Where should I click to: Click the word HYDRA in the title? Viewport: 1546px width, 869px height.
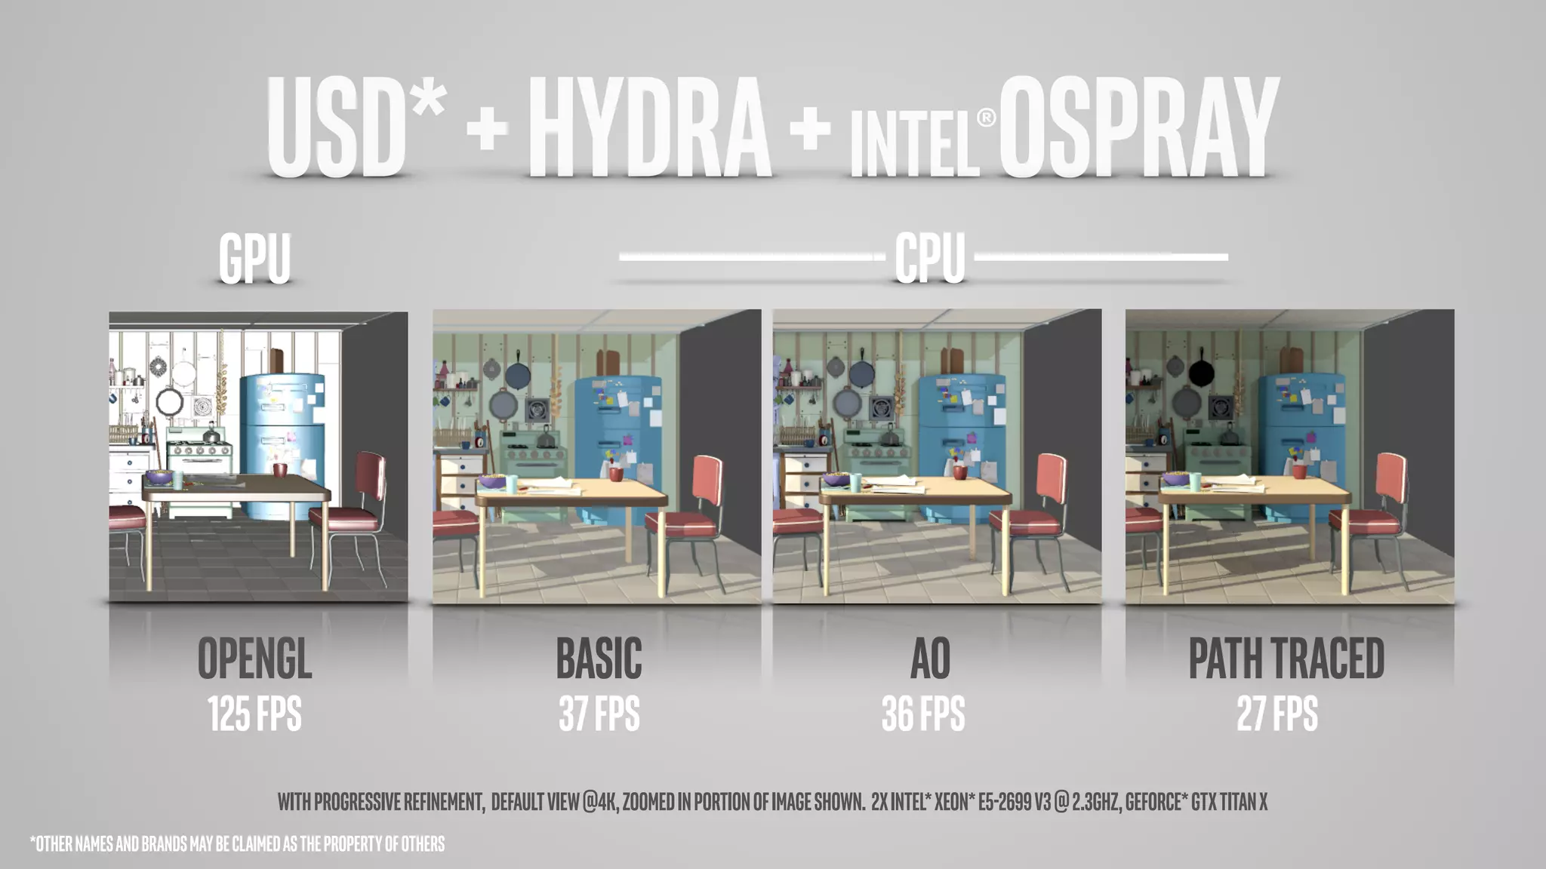pyautogui.click(x=649, y=128)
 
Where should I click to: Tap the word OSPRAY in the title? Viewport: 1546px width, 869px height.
pyautogui.click(x=1138, y=128)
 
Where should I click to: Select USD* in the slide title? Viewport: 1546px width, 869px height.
pyautogui.click(x=355, y=128)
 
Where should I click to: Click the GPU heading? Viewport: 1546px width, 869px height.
pyautogui.click(x=254, y=258)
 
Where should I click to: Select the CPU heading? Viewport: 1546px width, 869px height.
pyautogui.click(x=930, y=258)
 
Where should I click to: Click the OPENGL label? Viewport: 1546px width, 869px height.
pyautogui.click(x=254, y=659)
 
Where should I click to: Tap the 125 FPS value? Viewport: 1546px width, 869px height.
pyautogui.click(x=254, y=714)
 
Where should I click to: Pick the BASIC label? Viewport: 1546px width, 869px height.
pyautogui.click(x=599, y=659)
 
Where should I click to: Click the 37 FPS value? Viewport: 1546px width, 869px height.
pyautogui.click(x=599, y=714)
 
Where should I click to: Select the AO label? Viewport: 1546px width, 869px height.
pyautogui.click(x=930, y=659)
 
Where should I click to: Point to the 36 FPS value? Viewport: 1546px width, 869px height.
pyautogui.click(x=923, y=714)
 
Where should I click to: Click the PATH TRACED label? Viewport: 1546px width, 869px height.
pyautogui.click(x=1286, y=659)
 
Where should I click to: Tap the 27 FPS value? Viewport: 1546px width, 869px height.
pyautogui.click(x=1277, y=714)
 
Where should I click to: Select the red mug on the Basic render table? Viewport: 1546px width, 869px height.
pyautogui.click(x=616, y=474)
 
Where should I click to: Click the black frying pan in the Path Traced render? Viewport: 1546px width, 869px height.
pyautogui.click(x=1202, y=371)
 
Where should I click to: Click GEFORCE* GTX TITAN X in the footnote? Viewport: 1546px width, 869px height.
pyautogui.click(x=1196, y=801)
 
